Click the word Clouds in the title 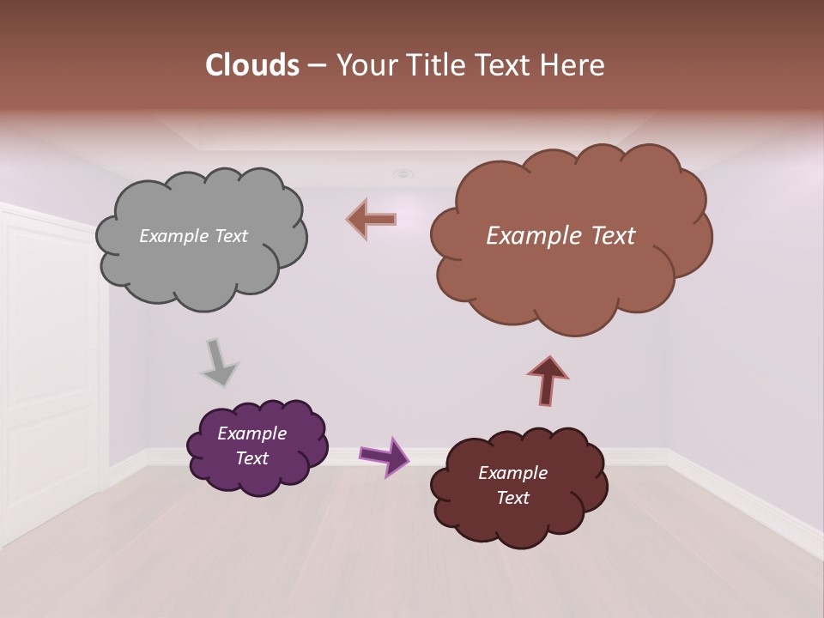click(251, 65)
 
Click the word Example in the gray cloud click(173, 236)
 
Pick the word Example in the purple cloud click(252, 433)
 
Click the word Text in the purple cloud click(252, 458)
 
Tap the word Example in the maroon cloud click(512, 473)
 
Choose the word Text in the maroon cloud click(512, 498)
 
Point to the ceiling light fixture click(403, 173)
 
